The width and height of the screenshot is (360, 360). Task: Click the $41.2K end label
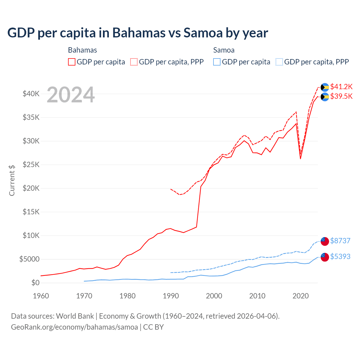[341, 87]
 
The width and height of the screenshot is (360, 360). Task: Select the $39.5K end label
[341, 96]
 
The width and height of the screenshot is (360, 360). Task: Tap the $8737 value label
[340, 241]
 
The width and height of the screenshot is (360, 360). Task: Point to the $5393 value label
[340, 256]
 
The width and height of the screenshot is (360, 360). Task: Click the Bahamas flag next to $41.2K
[325, 87]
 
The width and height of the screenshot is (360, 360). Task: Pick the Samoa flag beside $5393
[325, 257]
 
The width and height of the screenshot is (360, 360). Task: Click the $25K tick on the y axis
[31, 165]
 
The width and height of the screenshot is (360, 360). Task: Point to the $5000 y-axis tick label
[29, 259]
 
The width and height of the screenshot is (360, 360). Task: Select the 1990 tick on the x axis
[171, 296]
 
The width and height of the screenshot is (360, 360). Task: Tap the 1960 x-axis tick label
[41, 296]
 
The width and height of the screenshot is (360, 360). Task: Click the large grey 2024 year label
[71, 95]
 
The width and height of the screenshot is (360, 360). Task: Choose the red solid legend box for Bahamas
[72, 62]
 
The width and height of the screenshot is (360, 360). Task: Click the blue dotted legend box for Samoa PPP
[279, 62]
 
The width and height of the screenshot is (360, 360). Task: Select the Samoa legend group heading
[224, 50]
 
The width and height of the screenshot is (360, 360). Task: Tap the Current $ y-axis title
[12, 180]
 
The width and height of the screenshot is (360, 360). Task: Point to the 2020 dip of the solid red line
[300, 159]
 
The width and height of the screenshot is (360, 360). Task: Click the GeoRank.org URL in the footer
[74, 327]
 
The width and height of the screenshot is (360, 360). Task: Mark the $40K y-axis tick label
[31, 94]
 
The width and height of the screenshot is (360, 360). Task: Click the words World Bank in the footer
[75, 316]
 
